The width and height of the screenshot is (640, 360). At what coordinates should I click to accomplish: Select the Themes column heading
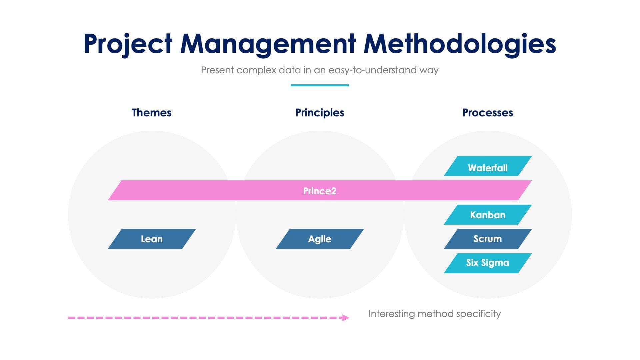pyautogui.click(x=152, y=113)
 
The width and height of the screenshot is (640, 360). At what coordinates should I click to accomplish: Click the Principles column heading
pyautogui.click(x=320, y=113)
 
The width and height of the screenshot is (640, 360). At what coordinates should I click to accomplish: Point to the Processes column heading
pyautogui.click(x=488, y=113)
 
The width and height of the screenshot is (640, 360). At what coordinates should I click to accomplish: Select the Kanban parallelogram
pyautogui.click(x=488, y=215)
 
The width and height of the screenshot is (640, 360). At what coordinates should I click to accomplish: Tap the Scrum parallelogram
pyautogui.click(x=488, y=239)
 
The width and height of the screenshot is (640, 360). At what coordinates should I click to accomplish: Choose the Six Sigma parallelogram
pyautogui.click(x=488, y=263)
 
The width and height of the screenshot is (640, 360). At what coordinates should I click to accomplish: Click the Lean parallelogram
pyautogui.click(x=152, y=239)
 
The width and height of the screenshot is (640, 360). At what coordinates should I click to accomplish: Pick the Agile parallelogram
pyautogui.click(x=320, y=239)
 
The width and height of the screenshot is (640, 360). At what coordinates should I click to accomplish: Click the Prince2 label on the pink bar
pyautogui.click(x=320, y=191)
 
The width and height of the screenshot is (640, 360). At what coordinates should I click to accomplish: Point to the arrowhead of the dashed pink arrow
pyautogui.click(x=346, y=318)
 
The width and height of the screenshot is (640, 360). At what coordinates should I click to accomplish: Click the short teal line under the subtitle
pyautogui.click(x=320, y=85)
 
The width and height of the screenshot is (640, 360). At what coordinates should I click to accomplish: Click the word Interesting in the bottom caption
pyautogui.click(x=391, y=314)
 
